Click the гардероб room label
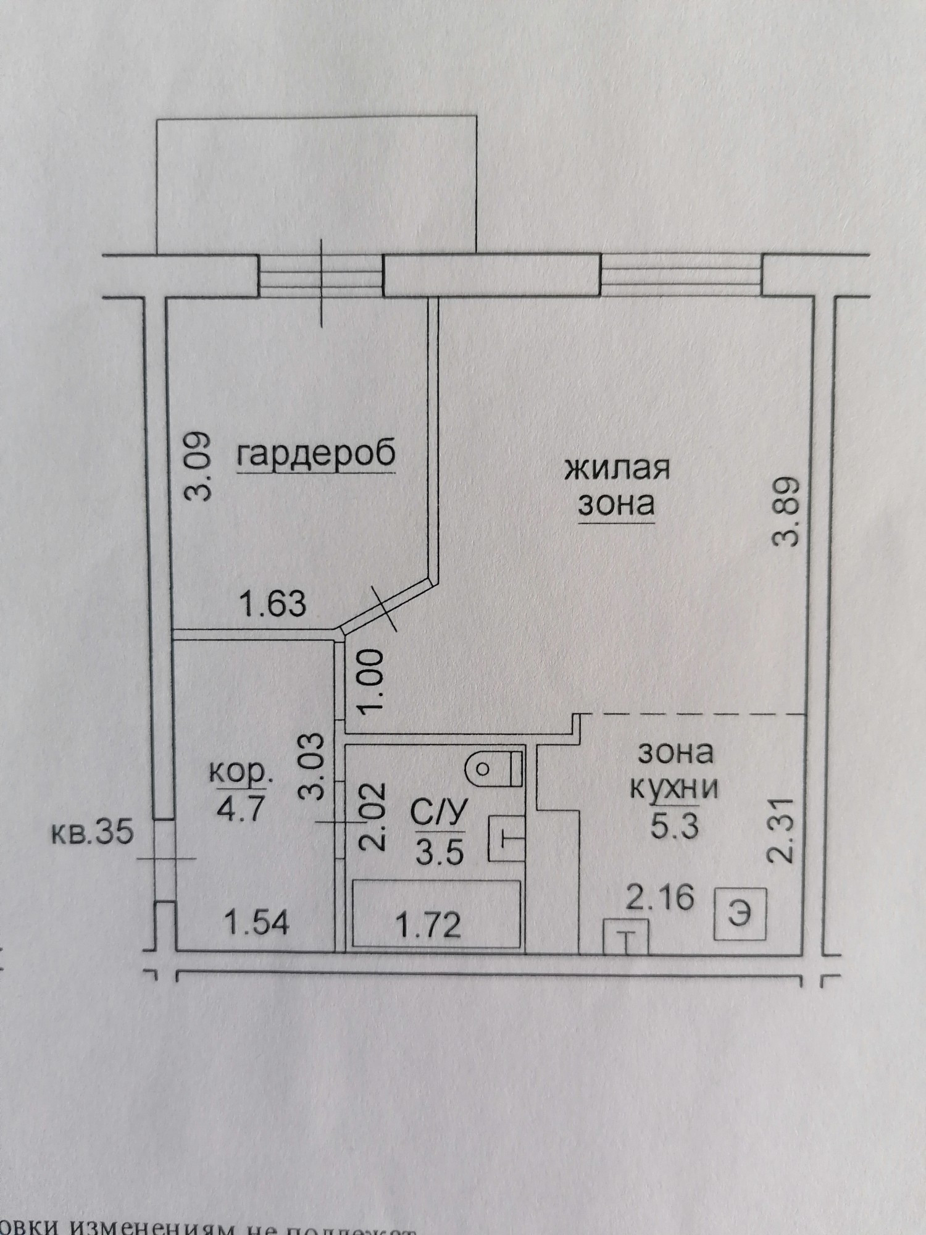(315, 455)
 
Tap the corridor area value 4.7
(240, 807)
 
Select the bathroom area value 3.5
(440, 854)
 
